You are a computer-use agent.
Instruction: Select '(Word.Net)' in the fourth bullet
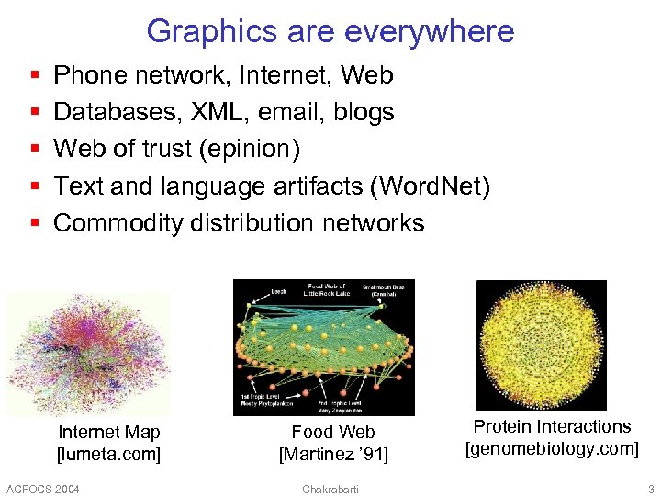pos(431,186)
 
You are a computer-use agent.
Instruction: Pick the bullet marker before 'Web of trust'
pos(34,149)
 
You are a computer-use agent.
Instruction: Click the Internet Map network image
pos(86,353)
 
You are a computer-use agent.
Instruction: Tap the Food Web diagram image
pos(324,347)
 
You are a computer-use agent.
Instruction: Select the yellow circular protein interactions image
pos(541,344)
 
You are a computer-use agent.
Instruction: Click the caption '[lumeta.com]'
pos(108,454)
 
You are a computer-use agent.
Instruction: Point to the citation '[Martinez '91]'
pos(333,454)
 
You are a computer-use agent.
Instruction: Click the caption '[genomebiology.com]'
pos(552,448)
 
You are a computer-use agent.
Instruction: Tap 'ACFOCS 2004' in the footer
pos(42,489)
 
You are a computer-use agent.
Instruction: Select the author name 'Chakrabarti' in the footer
pos(330,489)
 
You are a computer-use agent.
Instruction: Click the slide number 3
pos(651,489)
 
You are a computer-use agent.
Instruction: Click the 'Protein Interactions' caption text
pos(552,426)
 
